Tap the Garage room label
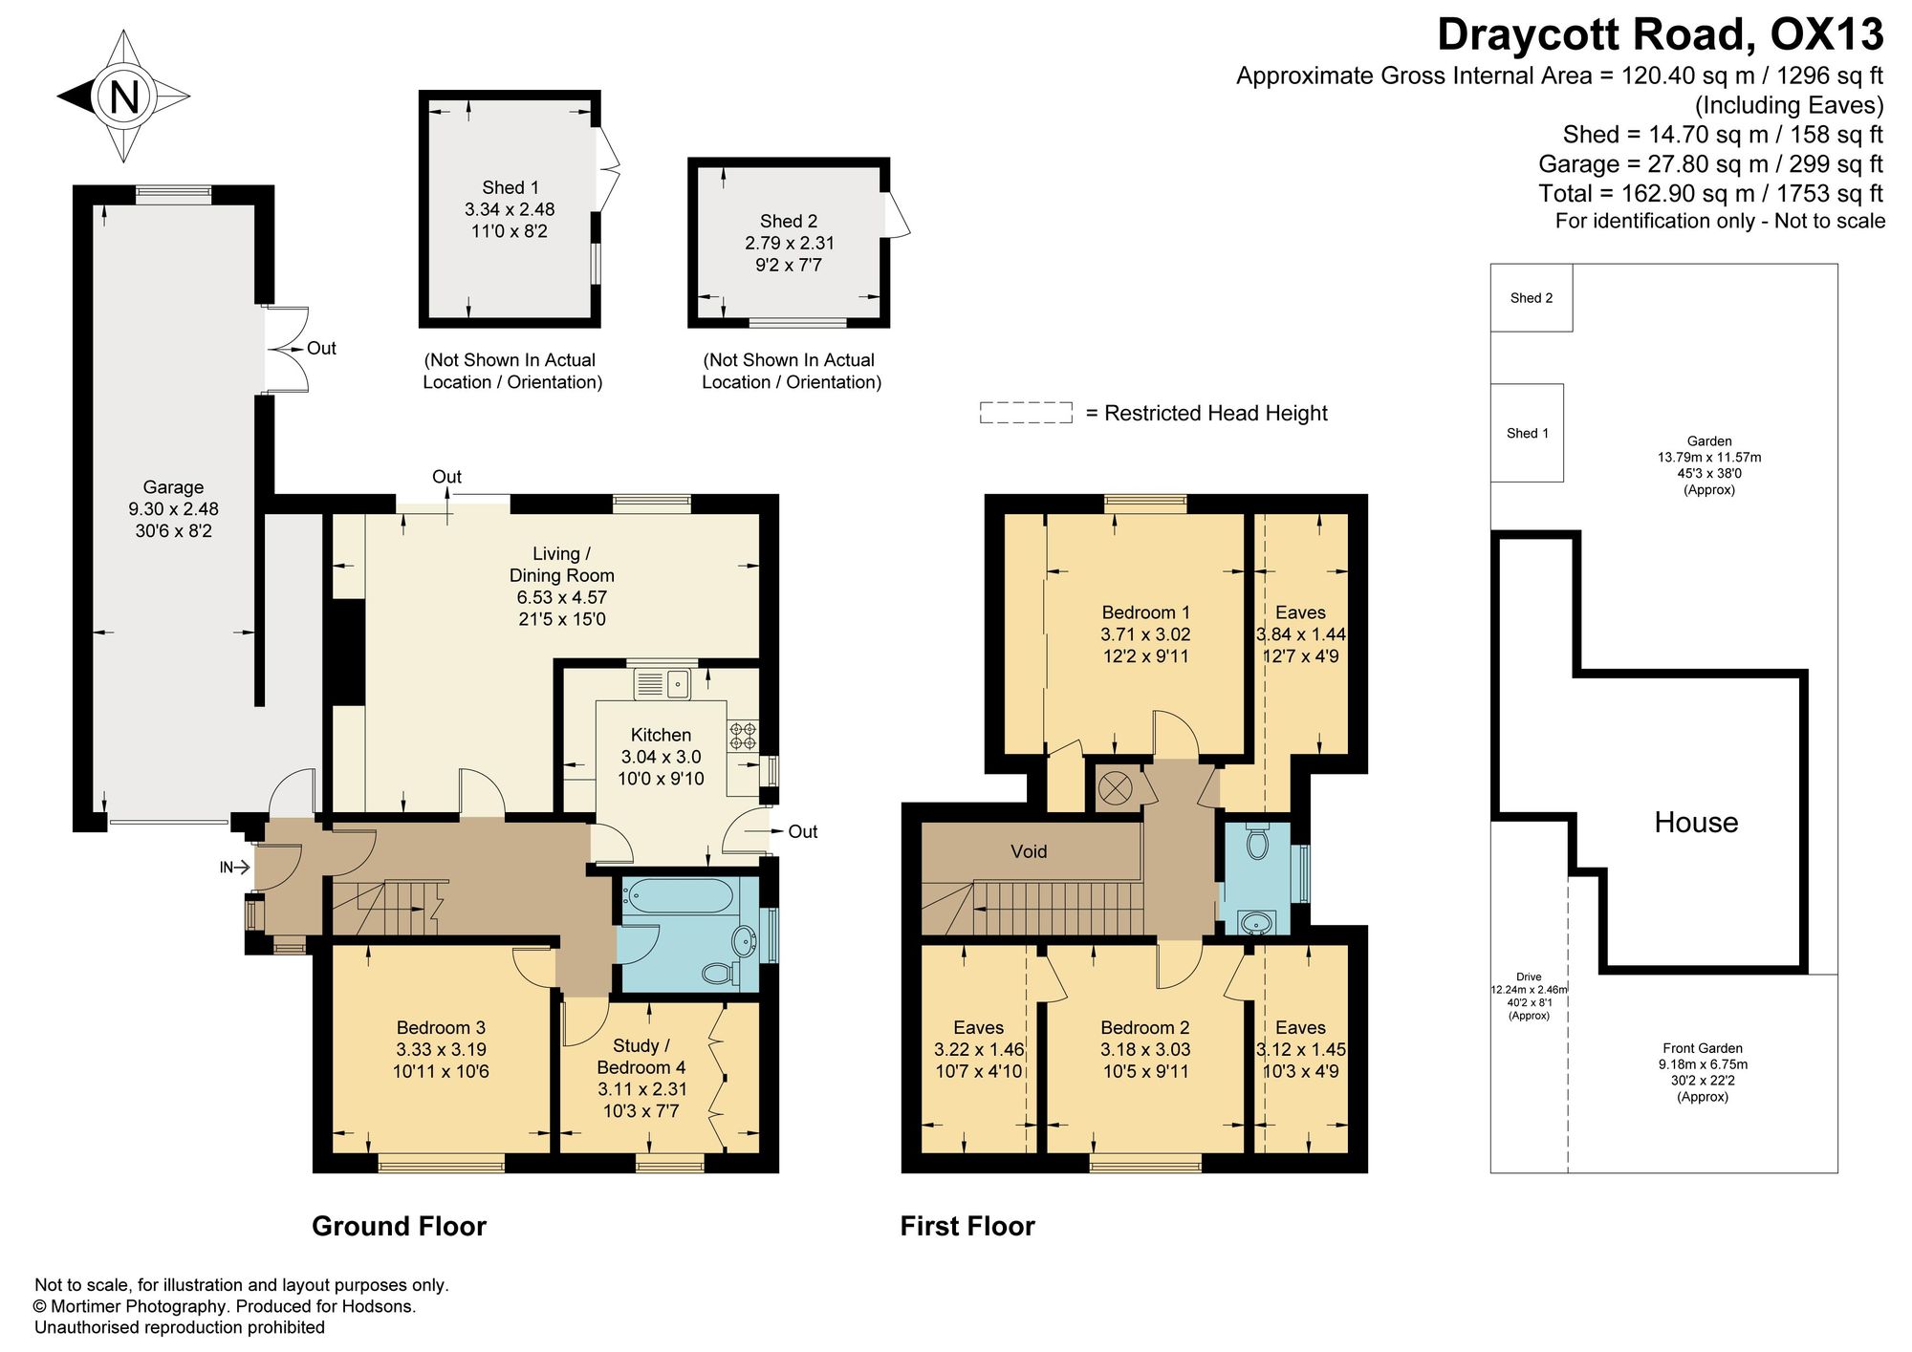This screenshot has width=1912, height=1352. pyautogui.click(x=173, y=487)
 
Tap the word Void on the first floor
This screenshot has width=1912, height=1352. pyautogui.click(x=1029, y=851)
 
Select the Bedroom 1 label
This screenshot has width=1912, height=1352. pyautogui.click(x=1145, y=612)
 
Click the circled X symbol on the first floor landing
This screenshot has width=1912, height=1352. pyautogui.click(x=1115, y=788)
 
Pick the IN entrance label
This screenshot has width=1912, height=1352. pyautogui.click(x=227, y=868)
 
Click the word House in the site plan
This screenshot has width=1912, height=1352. pyautogui.click(x=1696, y=823)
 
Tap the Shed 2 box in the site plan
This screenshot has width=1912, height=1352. pyautogui.click(x=1532, y=298)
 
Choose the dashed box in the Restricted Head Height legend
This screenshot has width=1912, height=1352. pyautogui.click(x=1026, y=413)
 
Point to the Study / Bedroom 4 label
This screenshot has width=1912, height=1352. pyautogui.click(x=641, y=1056)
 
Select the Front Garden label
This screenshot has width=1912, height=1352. pyautogui.click(x=1703, y=1048)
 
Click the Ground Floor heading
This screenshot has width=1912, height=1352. pyautogui.click(x=399, y=1226)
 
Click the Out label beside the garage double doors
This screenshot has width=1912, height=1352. pyautogui.click(x=321, y=349)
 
